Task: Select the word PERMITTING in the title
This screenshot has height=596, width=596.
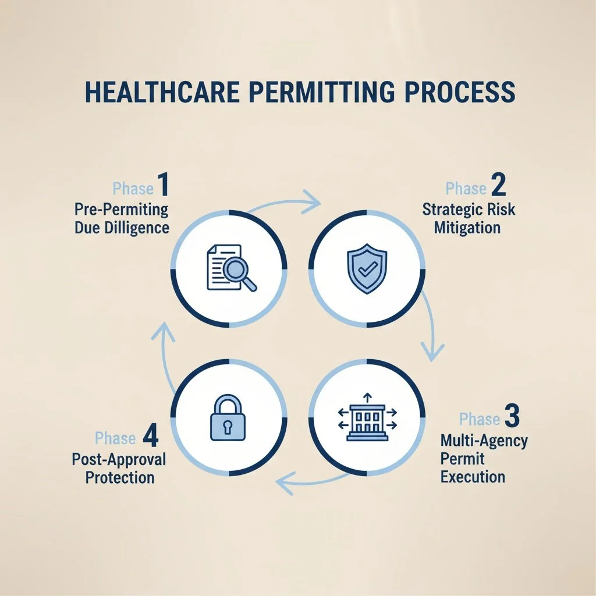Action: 318,93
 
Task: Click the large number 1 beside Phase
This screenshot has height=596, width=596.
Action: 162,184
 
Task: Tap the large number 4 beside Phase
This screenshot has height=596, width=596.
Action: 150,435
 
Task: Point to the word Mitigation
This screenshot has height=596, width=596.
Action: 467,227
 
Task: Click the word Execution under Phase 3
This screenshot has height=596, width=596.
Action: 473,477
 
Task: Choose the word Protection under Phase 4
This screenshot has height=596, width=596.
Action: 120,477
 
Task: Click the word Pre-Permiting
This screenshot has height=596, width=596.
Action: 121,210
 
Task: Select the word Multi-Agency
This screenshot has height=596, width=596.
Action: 484,441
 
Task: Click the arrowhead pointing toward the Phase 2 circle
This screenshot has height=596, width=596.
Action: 313,204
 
